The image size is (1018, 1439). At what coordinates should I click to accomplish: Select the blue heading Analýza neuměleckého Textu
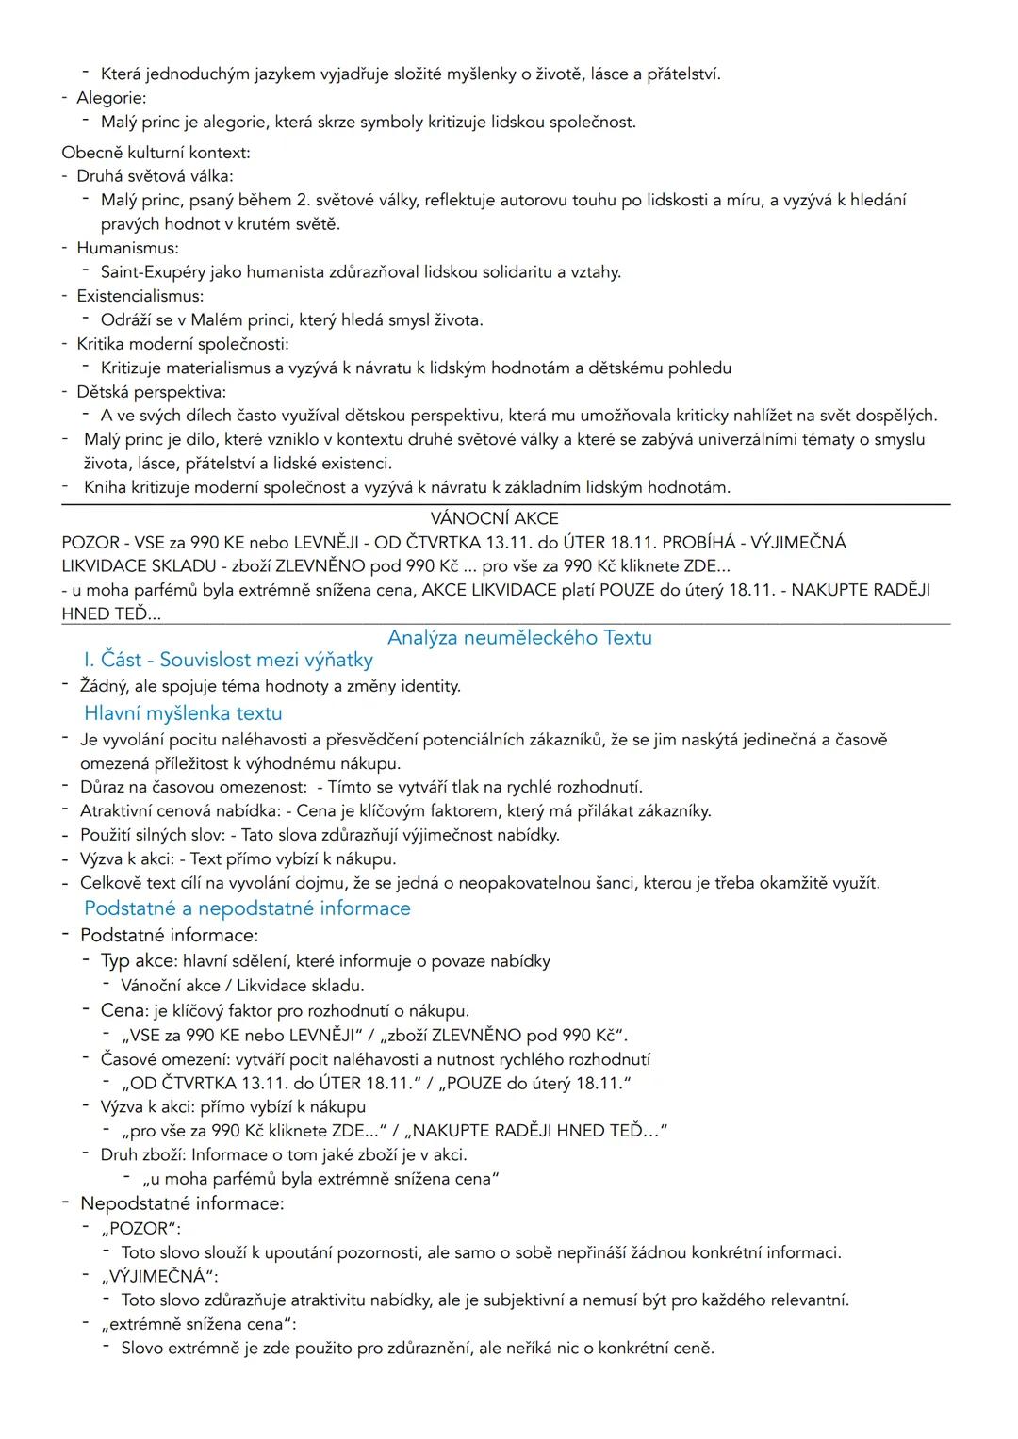[519, 638]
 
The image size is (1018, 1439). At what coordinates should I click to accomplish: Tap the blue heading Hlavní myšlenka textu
[183, 713]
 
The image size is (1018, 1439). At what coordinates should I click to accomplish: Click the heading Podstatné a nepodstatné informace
[247, 908]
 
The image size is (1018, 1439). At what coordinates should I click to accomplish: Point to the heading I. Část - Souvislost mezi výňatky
[228, 660]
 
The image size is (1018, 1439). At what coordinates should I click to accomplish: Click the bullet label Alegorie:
[111, 98]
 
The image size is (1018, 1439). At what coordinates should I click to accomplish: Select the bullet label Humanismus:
[127, 248]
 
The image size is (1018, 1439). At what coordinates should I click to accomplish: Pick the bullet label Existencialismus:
[140, 296]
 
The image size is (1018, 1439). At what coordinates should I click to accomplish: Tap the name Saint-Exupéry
[157, 272]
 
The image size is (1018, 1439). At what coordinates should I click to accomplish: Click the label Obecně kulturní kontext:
[156, 152]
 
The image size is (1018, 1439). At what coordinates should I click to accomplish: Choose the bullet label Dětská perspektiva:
[151, 392]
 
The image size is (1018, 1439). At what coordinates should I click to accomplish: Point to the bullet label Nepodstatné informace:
[182, 1203]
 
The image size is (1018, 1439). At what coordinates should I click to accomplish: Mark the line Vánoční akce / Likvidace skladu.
[242, 986]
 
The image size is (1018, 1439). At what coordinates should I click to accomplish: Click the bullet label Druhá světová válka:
[155, 176]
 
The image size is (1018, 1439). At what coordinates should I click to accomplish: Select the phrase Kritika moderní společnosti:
[183, 344]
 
